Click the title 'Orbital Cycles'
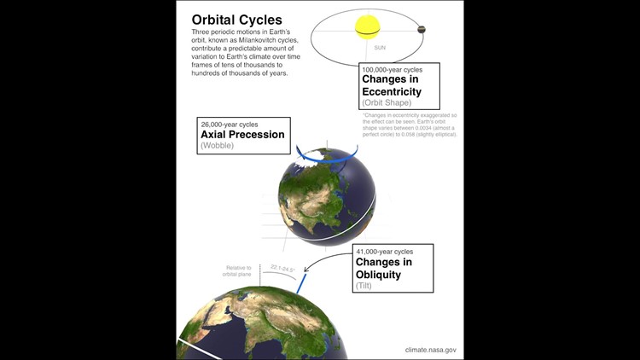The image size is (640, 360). click(x=236, y=19)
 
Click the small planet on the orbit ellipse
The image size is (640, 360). click(x=421, y=30)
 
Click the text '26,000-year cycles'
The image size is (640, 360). click(x=228, y=124)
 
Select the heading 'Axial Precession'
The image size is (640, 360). click(x=242, y=135)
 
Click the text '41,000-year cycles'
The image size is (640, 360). click(x=384, y=252)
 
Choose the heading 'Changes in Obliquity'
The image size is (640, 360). click(x=384, y=268)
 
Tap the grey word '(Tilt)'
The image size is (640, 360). click(x=364, y=286)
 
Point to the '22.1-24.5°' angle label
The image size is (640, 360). click(x=282, y=268)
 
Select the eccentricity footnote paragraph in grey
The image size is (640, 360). click(x=410, y=125)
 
